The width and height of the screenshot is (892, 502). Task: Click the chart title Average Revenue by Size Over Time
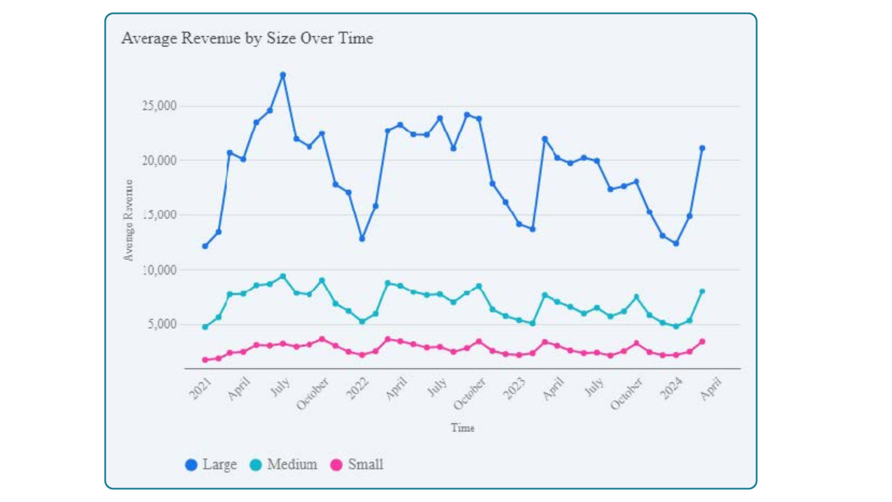(247, 38)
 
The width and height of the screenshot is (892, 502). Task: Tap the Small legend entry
(357, 464)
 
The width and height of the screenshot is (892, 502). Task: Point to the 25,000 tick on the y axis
(159, 106)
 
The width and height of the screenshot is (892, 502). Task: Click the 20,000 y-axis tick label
(159, 160)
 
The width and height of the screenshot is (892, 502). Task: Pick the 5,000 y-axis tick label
(162, 324)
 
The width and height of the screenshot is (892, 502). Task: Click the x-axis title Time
(462, 428)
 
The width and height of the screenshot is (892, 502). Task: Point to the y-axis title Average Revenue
(128, 220)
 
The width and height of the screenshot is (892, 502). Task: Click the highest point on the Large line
(282, 75)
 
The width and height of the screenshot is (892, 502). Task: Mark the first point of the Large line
(205, 246)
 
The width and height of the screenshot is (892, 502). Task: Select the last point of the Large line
(702, 148)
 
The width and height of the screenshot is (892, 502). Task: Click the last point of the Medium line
(702, 291)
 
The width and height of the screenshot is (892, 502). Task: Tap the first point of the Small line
(205, 360)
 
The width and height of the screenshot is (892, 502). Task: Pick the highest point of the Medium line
(282, 276)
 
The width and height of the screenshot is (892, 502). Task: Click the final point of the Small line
(702, 342)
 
